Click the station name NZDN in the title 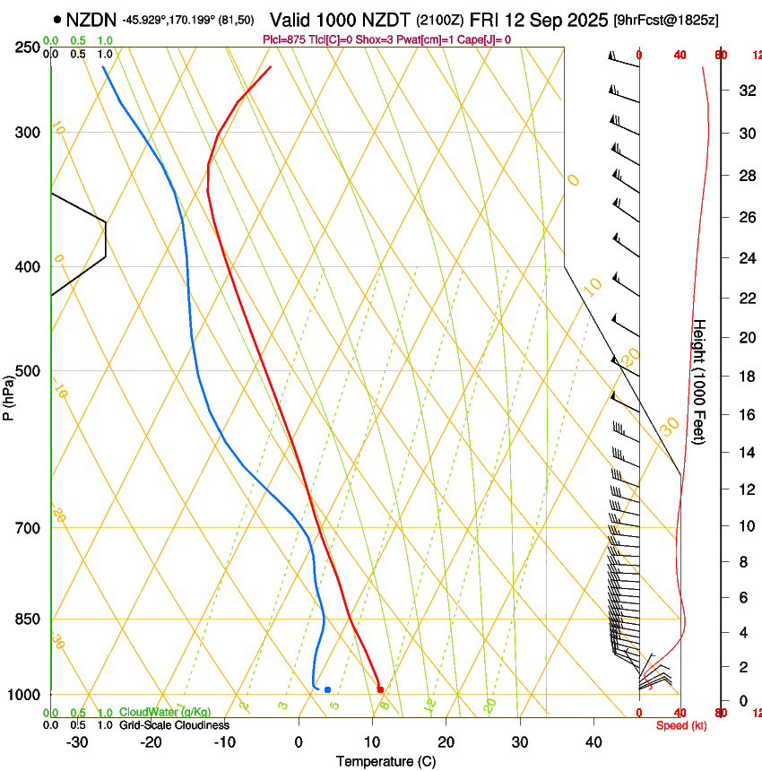tap(91, 19)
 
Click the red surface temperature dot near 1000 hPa tap(381, 689)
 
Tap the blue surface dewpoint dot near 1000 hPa tap(327, 689)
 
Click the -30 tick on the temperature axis tap(77, 742)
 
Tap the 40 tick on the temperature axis tap(593, 742)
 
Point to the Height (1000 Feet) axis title tap(700, 382)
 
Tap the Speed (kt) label tap(681, 725)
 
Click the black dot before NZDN tap(57, 19)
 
